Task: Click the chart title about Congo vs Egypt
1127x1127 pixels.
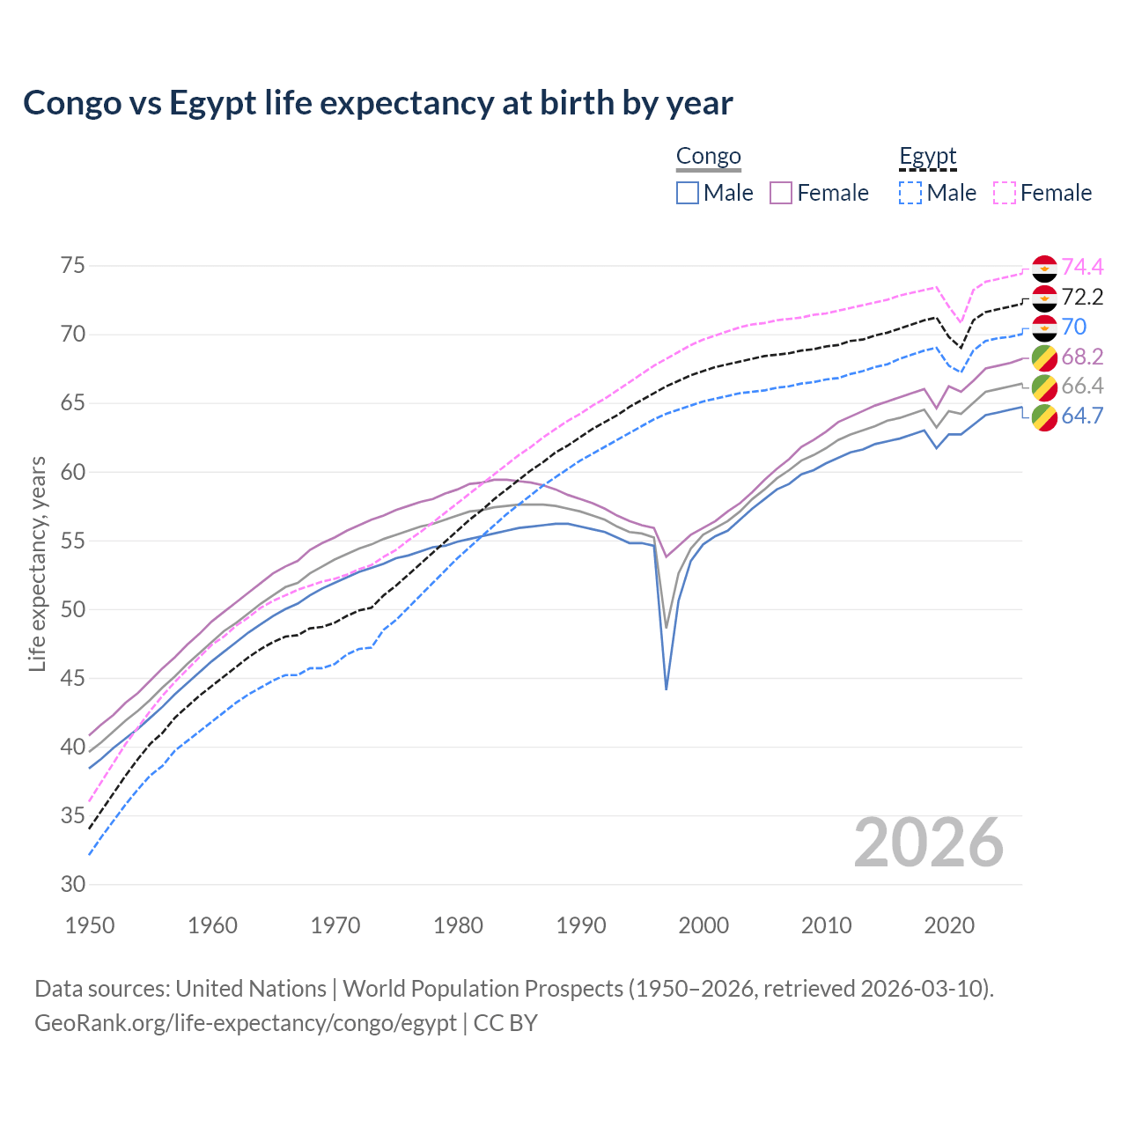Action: click(378, 103)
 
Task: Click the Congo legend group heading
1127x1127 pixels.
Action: click(708, 157)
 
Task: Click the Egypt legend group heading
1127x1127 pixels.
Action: click(927, 157)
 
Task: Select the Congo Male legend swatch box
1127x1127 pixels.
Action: click(688, 193)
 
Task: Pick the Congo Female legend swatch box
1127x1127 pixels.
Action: click(781, 193)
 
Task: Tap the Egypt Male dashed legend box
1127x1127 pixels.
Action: click(910, 193)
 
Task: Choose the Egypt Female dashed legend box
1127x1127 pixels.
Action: click(1005, 193)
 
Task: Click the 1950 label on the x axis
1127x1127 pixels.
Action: click(90, 925)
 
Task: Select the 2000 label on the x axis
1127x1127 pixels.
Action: click(703, 925)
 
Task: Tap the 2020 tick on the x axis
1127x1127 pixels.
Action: click(949, 925)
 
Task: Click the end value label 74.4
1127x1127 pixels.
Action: click(1082, 267)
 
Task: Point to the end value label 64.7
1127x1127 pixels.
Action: click(1082, 416)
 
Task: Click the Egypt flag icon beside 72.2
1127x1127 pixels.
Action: click(1044, 298)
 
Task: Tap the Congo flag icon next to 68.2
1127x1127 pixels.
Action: click(1044, 357)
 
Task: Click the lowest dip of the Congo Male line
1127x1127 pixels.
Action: click(667, 689)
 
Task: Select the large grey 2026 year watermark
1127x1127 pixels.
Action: click(928, 843)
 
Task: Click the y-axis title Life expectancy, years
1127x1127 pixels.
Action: click(37, 563)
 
